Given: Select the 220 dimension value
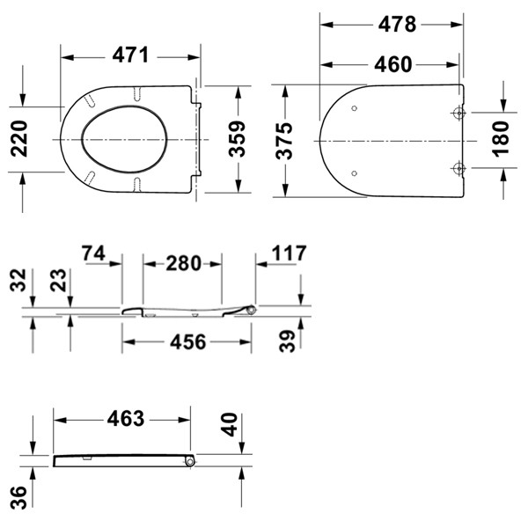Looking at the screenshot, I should pos(20,139).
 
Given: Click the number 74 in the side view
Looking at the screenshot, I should pos(99,254).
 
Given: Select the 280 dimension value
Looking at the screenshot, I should pos(183,263).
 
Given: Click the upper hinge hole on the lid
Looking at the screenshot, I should pos(458,114).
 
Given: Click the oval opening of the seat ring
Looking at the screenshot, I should pos(117,140).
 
